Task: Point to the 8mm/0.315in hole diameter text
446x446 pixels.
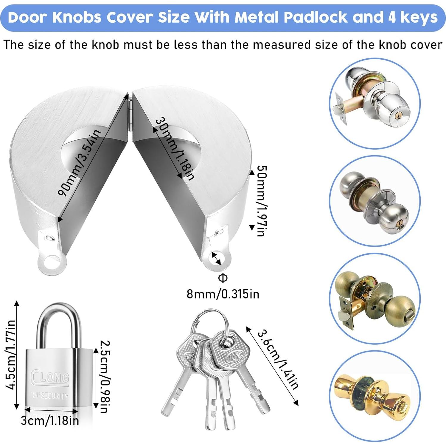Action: tap(223, 294)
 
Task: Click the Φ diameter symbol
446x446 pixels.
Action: tap(223, 278)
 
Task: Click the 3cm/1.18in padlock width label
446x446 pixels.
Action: tap(50, 421)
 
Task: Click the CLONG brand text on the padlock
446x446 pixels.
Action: tap(50, 377)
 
